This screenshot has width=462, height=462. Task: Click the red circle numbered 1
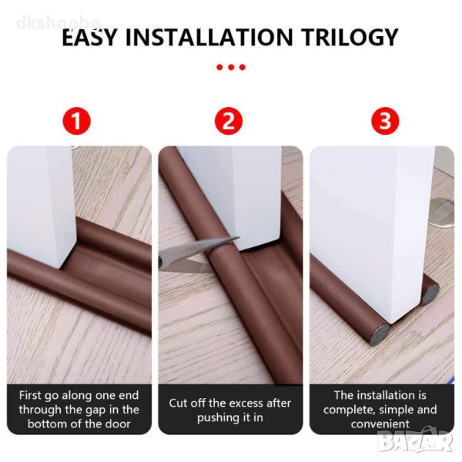(76, 121)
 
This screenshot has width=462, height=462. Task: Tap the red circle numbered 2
(229, 121)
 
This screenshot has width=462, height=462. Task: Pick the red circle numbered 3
(385, 121)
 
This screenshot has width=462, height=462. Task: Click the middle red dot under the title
(231, 68)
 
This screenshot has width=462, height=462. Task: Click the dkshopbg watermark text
(59, 22)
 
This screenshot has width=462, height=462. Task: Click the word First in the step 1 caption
(30, 396)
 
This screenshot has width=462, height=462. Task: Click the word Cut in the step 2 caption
(178, 403)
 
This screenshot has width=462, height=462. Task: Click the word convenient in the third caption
(380, 424)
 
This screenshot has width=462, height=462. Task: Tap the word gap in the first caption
(94, 410)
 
